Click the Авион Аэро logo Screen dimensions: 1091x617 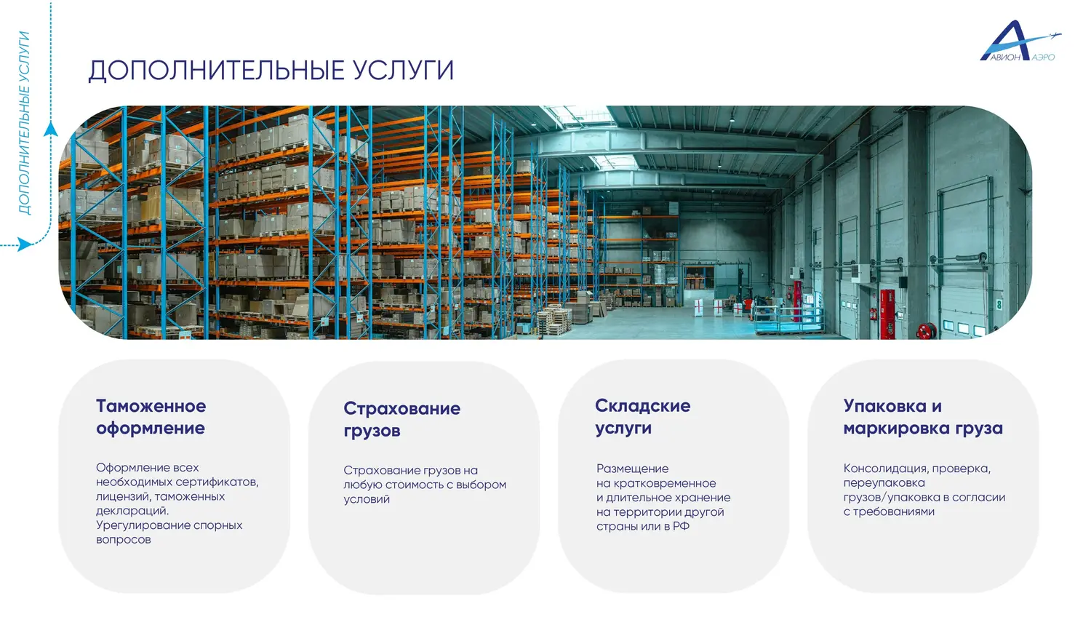click(x=1020, y=41)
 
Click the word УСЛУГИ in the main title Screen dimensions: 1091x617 click(x=403, y=71)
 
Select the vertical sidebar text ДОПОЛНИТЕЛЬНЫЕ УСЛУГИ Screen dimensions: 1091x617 click(x=24, y=123)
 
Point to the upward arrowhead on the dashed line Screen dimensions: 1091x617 click(x=51, y=130)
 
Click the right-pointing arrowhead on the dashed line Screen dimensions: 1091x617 click(x=24, y=244)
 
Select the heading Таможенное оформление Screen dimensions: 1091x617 click(x=151, y=417)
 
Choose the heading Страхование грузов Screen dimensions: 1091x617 click(x=401, y=419)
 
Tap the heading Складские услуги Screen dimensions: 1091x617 click(x=642, y=417)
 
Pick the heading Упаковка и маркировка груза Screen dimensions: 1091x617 click(x=923, y=417)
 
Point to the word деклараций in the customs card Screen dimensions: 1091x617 click(x=132, y=511)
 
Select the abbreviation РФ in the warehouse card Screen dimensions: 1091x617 click(x=681, y=526)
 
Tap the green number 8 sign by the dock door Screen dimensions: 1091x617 click(x=999, y=305)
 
